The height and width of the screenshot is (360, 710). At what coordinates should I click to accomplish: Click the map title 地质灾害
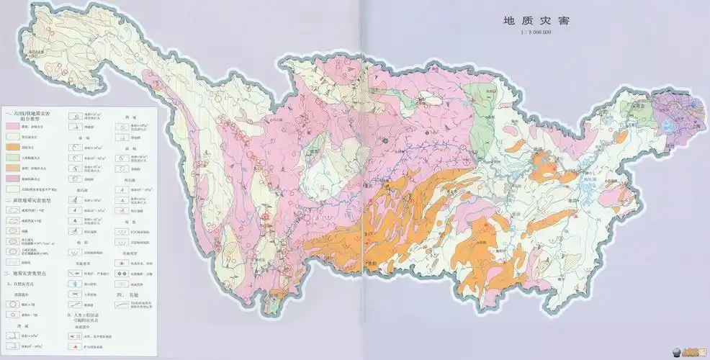pyautogui.click(x=536, y=21)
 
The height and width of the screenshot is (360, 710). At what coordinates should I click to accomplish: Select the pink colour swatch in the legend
pyautogui.click(x=14, y=125)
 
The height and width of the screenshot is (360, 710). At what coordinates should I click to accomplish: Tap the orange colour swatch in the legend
pyautogui.click(x=14, y=146)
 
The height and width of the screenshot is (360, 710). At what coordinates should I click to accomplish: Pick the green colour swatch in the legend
pyautogui.click(x=14, y=156)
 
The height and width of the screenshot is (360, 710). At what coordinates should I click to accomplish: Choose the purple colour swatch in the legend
pyautogui.click(x=14, y=177)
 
